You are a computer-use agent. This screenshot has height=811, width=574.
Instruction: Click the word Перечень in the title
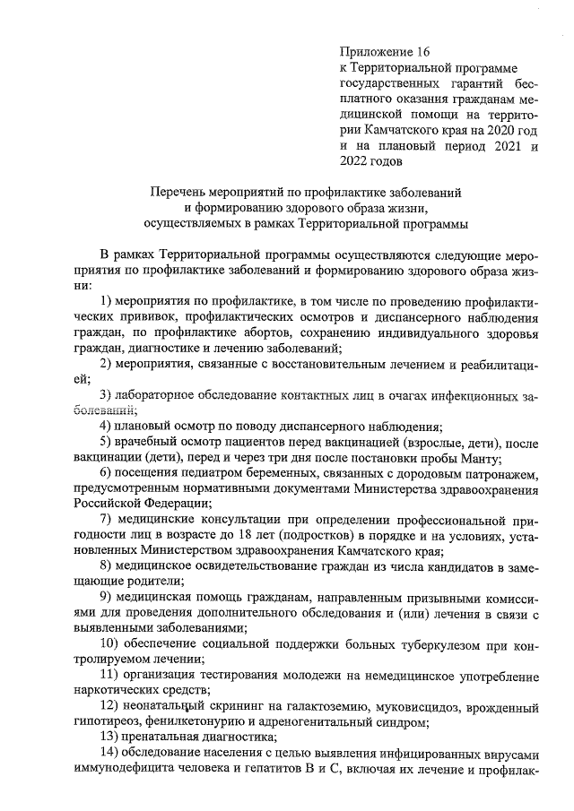[x=178, y=191]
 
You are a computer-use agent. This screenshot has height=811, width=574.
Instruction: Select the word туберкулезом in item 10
[x=400, y=649]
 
